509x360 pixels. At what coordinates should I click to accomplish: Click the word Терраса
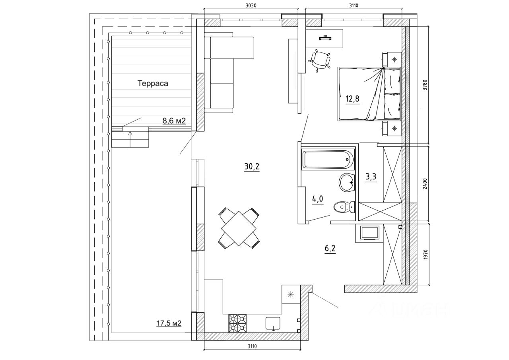pos(153,84)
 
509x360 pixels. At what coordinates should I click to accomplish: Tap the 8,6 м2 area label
pos(174,121)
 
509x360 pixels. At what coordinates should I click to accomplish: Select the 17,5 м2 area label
pos(169,323)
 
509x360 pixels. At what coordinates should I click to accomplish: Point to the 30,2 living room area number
pos(252,167)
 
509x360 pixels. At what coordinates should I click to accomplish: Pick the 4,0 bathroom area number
pos(317,199)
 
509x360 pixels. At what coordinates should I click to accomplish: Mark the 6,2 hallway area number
pos(330,249)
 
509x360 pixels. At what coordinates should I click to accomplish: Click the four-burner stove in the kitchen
pos(237,323)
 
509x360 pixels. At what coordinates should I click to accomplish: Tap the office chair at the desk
pos(320,60)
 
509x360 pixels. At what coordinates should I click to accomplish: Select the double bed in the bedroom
pos(369,94)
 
